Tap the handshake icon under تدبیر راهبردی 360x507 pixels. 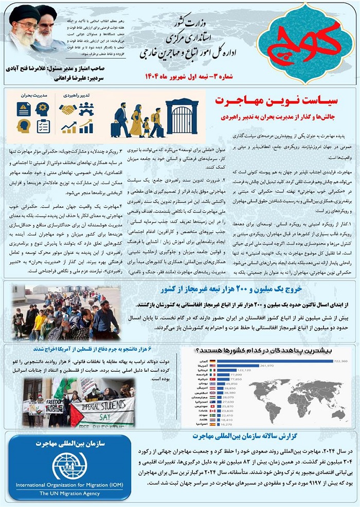tap(67, 109)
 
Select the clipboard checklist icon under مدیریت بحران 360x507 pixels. tap(43, 126)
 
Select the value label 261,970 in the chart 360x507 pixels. tap(267, 366)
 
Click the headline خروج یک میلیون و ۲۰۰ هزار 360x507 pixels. tap(257, 288)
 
